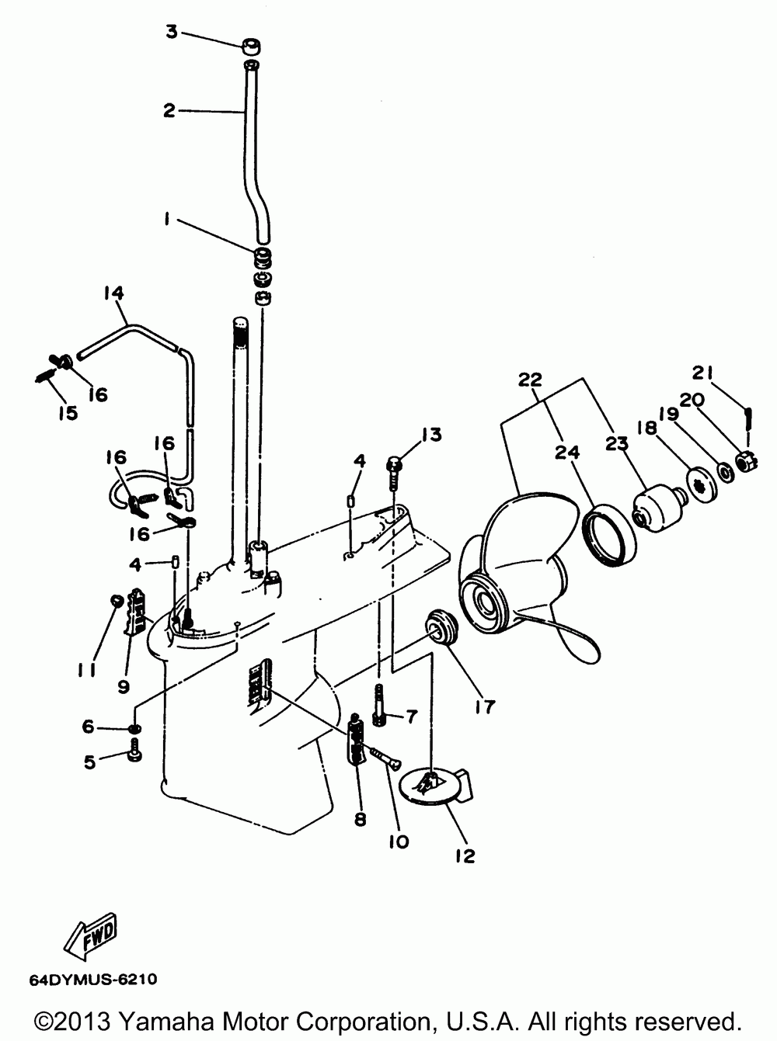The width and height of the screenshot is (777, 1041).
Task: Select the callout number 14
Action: [x=113, y=293]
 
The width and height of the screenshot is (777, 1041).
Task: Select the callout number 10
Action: [x=399, y=841]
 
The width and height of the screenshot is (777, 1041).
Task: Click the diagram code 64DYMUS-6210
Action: [x=92, y=980]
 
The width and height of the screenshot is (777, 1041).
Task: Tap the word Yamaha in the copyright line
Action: [x=174, y=1020]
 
